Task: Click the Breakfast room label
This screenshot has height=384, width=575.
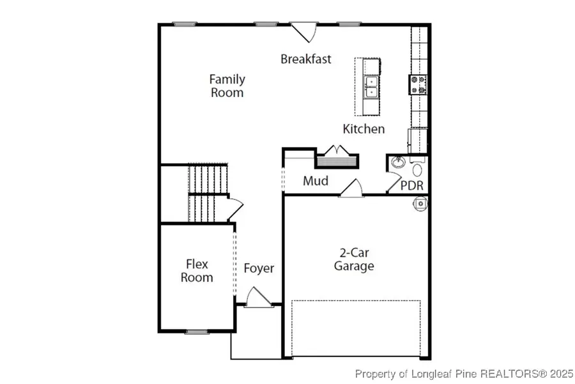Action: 306,59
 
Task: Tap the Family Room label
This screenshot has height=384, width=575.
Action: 227,86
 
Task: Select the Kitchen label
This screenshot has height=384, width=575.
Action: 364,128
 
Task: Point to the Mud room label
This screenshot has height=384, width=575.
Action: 316,181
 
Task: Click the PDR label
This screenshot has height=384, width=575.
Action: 412,185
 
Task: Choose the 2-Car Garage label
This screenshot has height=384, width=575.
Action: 354,259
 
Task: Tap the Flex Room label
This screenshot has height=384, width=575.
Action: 197,271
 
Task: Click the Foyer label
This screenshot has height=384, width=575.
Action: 259,268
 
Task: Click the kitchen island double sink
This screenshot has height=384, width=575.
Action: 371,86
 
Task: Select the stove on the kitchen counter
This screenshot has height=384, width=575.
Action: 418,84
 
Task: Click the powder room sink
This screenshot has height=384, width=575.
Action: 397,162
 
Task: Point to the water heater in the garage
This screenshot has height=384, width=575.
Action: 420,204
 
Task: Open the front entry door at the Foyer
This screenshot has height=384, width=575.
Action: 259,298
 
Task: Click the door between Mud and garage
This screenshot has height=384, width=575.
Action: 351,188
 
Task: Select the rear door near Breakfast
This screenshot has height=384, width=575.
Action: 303,32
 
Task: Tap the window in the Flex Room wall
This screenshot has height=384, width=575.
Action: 197,332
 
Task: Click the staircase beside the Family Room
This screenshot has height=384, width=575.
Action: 208,193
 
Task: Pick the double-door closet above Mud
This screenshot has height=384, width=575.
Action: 337,157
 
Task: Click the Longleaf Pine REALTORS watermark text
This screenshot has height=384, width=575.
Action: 464,374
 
